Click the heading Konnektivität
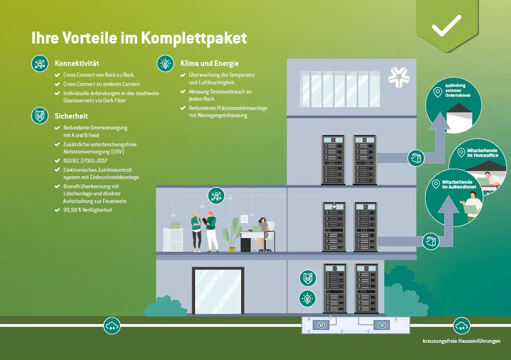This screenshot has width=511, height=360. click(x=77, y=63)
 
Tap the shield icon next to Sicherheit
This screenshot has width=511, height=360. click(x=40, y=116)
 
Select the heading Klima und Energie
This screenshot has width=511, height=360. click(x=209, y=63)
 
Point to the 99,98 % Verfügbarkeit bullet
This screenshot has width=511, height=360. click(x=88, y=210)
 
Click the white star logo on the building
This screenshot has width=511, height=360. click(x=399, y=78)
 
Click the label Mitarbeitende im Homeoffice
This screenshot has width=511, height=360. click(x=483, y=153)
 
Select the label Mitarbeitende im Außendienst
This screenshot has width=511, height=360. click(x=457, y=184)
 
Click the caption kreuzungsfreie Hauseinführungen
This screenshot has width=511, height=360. click(x=461, y=341)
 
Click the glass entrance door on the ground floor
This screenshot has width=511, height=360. click(x=218, y=291)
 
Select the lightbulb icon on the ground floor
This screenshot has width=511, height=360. click(x=307, y=298)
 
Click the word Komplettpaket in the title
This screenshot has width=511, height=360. click(x=194, y=38)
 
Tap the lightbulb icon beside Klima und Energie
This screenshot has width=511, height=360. click(x=165, y=63)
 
